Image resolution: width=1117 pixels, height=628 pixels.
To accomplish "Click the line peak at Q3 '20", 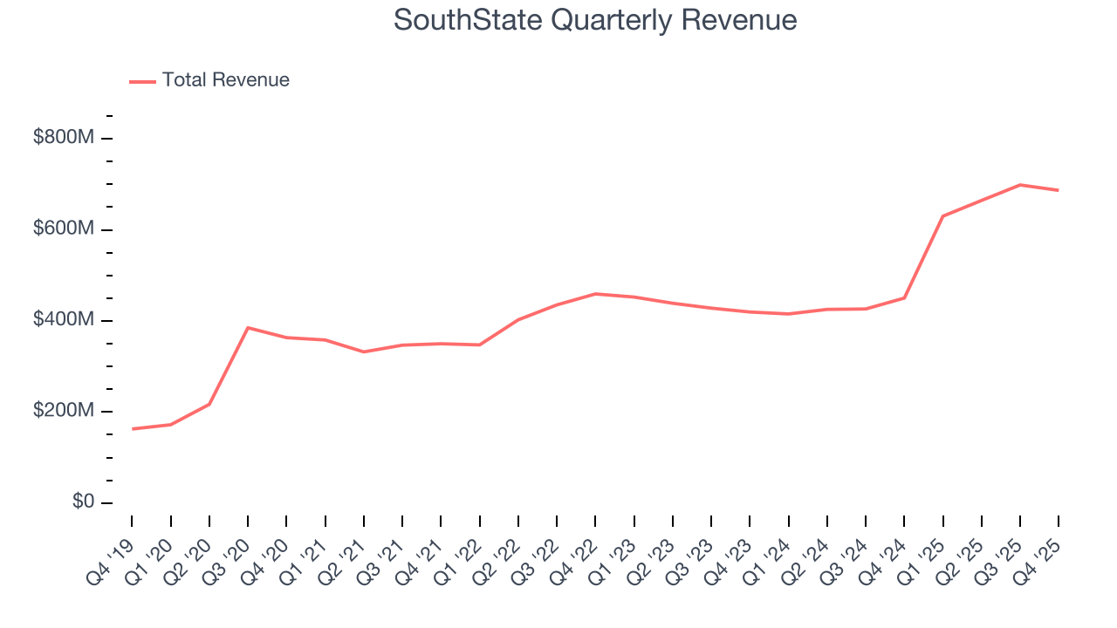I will (x=248, y=328).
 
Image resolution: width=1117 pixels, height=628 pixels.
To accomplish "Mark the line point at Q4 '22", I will (x=595, y=294).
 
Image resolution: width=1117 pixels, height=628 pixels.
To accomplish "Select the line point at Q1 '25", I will (x=942, y=215).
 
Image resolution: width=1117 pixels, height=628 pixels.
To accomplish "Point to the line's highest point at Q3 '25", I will (x=1020, y=185).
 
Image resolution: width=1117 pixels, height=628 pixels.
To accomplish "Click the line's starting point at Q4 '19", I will (x=133, y=428).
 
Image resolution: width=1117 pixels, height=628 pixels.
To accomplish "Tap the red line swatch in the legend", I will (x=142, y=81).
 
